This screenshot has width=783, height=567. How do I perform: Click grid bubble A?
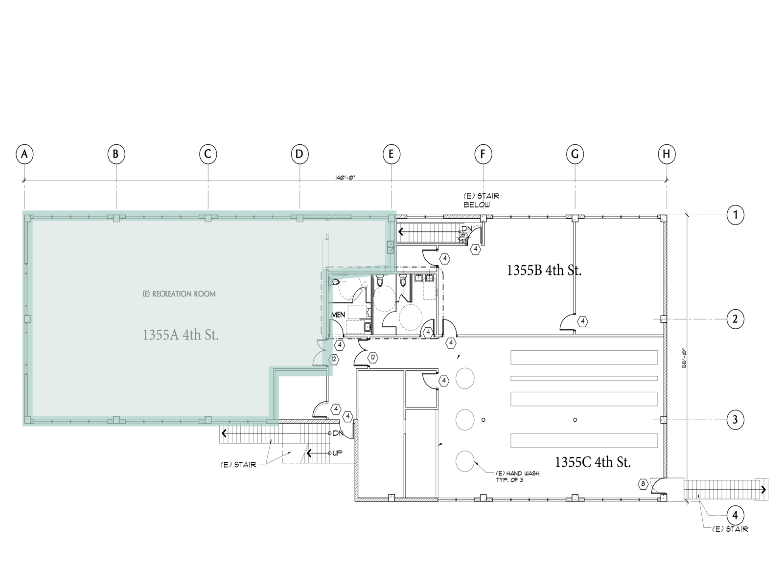24,154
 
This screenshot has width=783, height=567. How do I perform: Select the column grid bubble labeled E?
391,154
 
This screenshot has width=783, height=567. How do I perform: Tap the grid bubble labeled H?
667,154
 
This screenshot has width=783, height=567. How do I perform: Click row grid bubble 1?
735,215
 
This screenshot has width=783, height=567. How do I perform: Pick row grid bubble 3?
735,419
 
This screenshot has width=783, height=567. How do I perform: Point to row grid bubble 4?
735,515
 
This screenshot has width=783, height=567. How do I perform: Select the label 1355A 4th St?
181,335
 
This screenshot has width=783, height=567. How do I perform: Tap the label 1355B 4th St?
544,270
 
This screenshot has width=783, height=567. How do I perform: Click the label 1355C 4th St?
593,462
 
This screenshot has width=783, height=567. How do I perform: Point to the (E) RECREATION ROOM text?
179,294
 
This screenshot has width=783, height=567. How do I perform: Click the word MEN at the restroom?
339,315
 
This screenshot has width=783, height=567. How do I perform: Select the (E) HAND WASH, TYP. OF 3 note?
518,476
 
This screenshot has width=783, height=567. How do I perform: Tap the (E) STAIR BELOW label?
481,200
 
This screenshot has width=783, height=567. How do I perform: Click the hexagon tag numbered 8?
643,484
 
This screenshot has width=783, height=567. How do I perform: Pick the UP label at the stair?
338,454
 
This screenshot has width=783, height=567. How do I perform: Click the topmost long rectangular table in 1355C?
584,357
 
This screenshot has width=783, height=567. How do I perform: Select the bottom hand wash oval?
465,461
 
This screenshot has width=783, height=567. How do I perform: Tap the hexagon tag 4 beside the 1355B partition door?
582,321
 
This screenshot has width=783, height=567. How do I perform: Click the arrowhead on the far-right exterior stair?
764,490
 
